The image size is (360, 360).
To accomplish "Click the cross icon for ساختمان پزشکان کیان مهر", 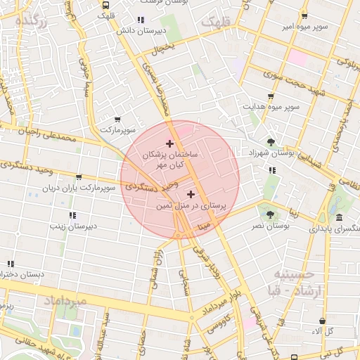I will (x=169, y=143).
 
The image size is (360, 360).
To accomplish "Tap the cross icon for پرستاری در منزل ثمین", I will (x=191, y=193).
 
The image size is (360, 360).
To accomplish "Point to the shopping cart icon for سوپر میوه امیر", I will (x=304, y=16).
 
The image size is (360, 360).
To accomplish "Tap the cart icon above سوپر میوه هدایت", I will (x=271, y=96).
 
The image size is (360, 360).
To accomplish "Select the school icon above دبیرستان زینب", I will (x=72, y=215).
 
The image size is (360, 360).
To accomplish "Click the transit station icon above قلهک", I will (x=105, y=4).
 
